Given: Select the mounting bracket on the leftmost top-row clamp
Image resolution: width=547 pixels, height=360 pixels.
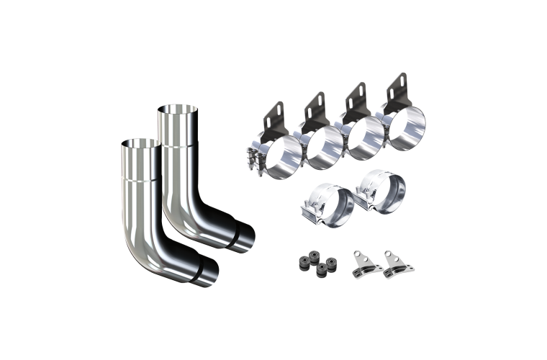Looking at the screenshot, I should coord(273,116).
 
